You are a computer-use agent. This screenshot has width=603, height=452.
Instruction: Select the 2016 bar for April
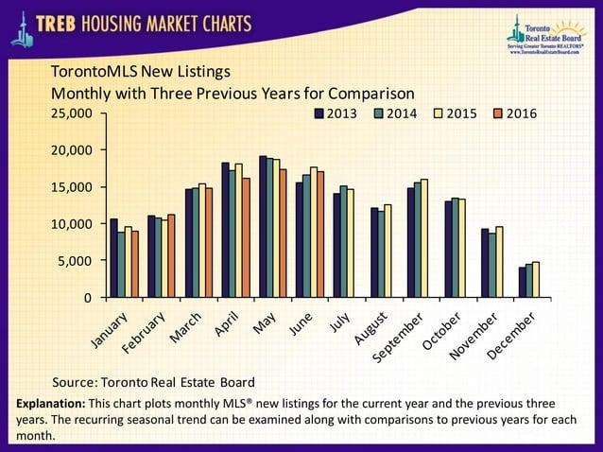point(247,237)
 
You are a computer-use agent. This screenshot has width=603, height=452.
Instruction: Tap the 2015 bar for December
point(536,280)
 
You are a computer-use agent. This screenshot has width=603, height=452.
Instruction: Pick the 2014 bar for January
point(121,265)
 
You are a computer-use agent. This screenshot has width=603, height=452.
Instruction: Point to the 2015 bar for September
point(424,238)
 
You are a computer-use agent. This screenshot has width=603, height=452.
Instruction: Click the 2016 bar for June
point(320,235)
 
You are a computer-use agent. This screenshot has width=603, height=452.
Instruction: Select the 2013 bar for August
point(373,252)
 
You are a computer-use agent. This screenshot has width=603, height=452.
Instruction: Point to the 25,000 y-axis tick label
point(72,113)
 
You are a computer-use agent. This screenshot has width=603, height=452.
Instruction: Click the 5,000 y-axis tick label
point(76,261)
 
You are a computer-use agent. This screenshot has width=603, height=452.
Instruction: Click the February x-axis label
point(145,333)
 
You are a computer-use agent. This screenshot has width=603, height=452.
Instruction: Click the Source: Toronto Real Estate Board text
point(153,383)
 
